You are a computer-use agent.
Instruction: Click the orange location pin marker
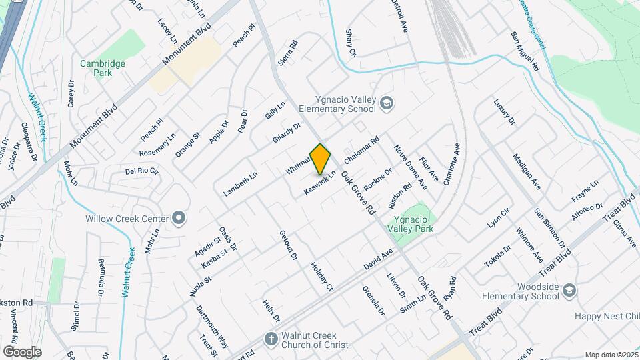321,158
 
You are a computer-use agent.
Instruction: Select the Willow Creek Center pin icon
178,218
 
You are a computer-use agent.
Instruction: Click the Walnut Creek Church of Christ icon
271,339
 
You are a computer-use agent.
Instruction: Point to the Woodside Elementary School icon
569,291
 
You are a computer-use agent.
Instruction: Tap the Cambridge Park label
102,67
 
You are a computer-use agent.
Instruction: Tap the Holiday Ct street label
321,276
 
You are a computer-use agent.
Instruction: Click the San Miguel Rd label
525,52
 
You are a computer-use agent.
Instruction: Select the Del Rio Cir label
142,171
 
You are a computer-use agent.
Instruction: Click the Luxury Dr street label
504,112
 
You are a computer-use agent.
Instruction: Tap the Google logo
22,351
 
